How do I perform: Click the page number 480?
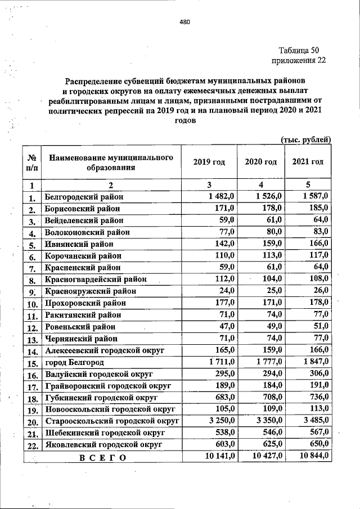tap(186, 22)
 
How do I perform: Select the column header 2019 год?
tap(209, 162)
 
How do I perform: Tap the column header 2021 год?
tap(308, 162)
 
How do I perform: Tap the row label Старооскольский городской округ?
tap(111, 421)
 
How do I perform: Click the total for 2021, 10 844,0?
tap(312, 456)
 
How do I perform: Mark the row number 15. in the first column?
tap(32, 365)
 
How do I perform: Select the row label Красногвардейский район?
tap(96, 279)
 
